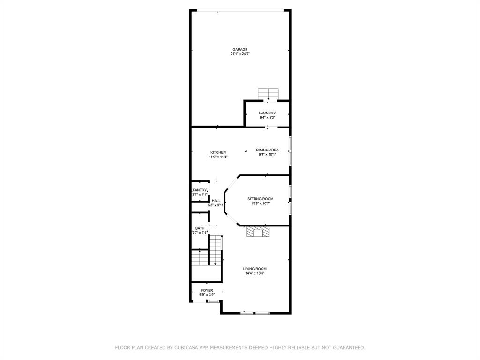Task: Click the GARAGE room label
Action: tap(240, 50)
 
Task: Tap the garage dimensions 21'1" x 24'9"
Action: tap(240, 54)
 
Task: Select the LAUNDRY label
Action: tap(267, 113)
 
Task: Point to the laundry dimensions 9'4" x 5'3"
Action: tap(267, 118)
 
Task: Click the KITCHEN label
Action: tap(218, 152)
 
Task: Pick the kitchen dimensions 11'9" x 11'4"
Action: tap(218, 157)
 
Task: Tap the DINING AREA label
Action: tap(267, 150)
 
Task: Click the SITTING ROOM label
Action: tap(260, 199)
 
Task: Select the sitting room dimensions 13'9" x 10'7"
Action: tap(260, 203)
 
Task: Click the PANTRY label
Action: tap(200, 190)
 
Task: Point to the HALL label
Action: tap(216, 201)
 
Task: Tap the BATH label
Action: tap(200, 228)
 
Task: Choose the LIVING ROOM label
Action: tap(255, 269)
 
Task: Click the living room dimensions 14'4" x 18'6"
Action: tap(255, 273)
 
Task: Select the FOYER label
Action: tap(207, 291)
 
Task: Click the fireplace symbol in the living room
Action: tap(258, 232)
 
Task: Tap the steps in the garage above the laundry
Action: tap(269, 94)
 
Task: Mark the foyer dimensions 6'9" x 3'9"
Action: tap(207, 295)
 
